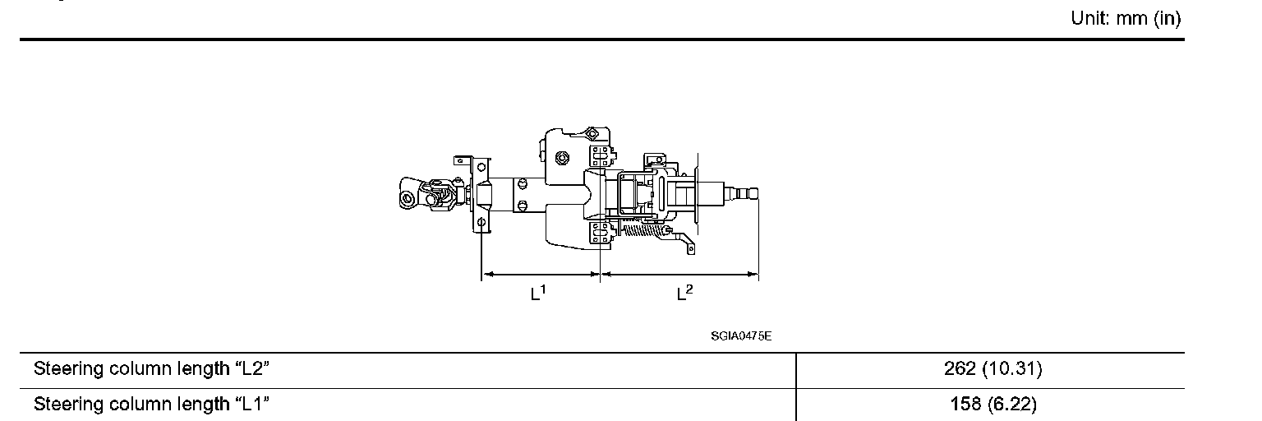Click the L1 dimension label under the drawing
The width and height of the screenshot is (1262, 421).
click(538, 293)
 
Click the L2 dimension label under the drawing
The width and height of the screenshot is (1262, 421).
click(684, 293)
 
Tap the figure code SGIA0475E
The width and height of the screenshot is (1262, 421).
click(741, 336)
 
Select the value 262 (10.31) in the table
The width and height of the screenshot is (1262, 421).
click(993, 368)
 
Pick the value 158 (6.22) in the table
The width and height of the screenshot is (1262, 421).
click(993, 404)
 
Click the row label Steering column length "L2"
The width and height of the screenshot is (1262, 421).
click(151, 369)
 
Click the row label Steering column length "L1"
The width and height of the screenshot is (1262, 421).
click(151, 405)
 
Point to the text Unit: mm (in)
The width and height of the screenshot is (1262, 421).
click(1126, 19)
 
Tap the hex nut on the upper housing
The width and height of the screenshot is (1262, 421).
click(561, 158)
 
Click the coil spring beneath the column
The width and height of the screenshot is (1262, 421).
click(643, 230)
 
